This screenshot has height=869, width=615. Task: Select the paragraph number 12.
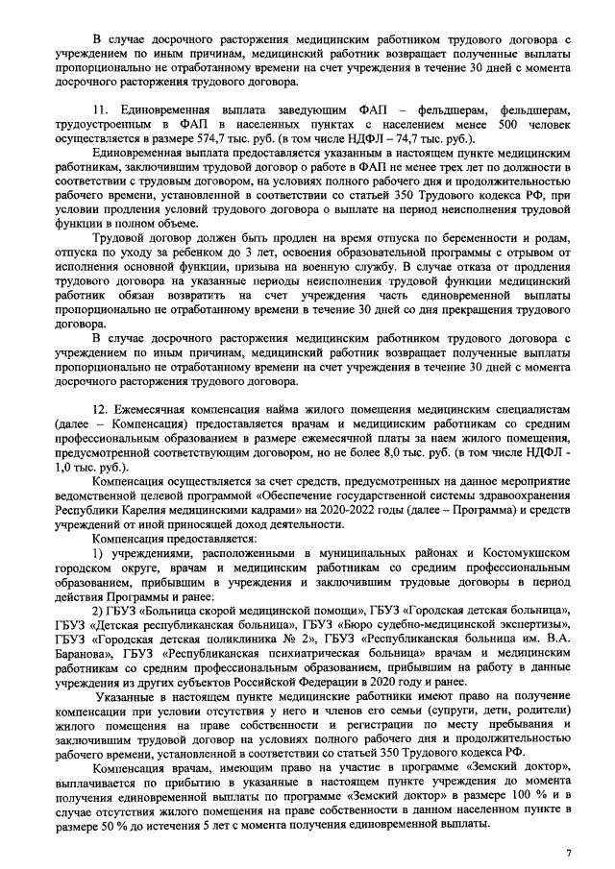point(99,408)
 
